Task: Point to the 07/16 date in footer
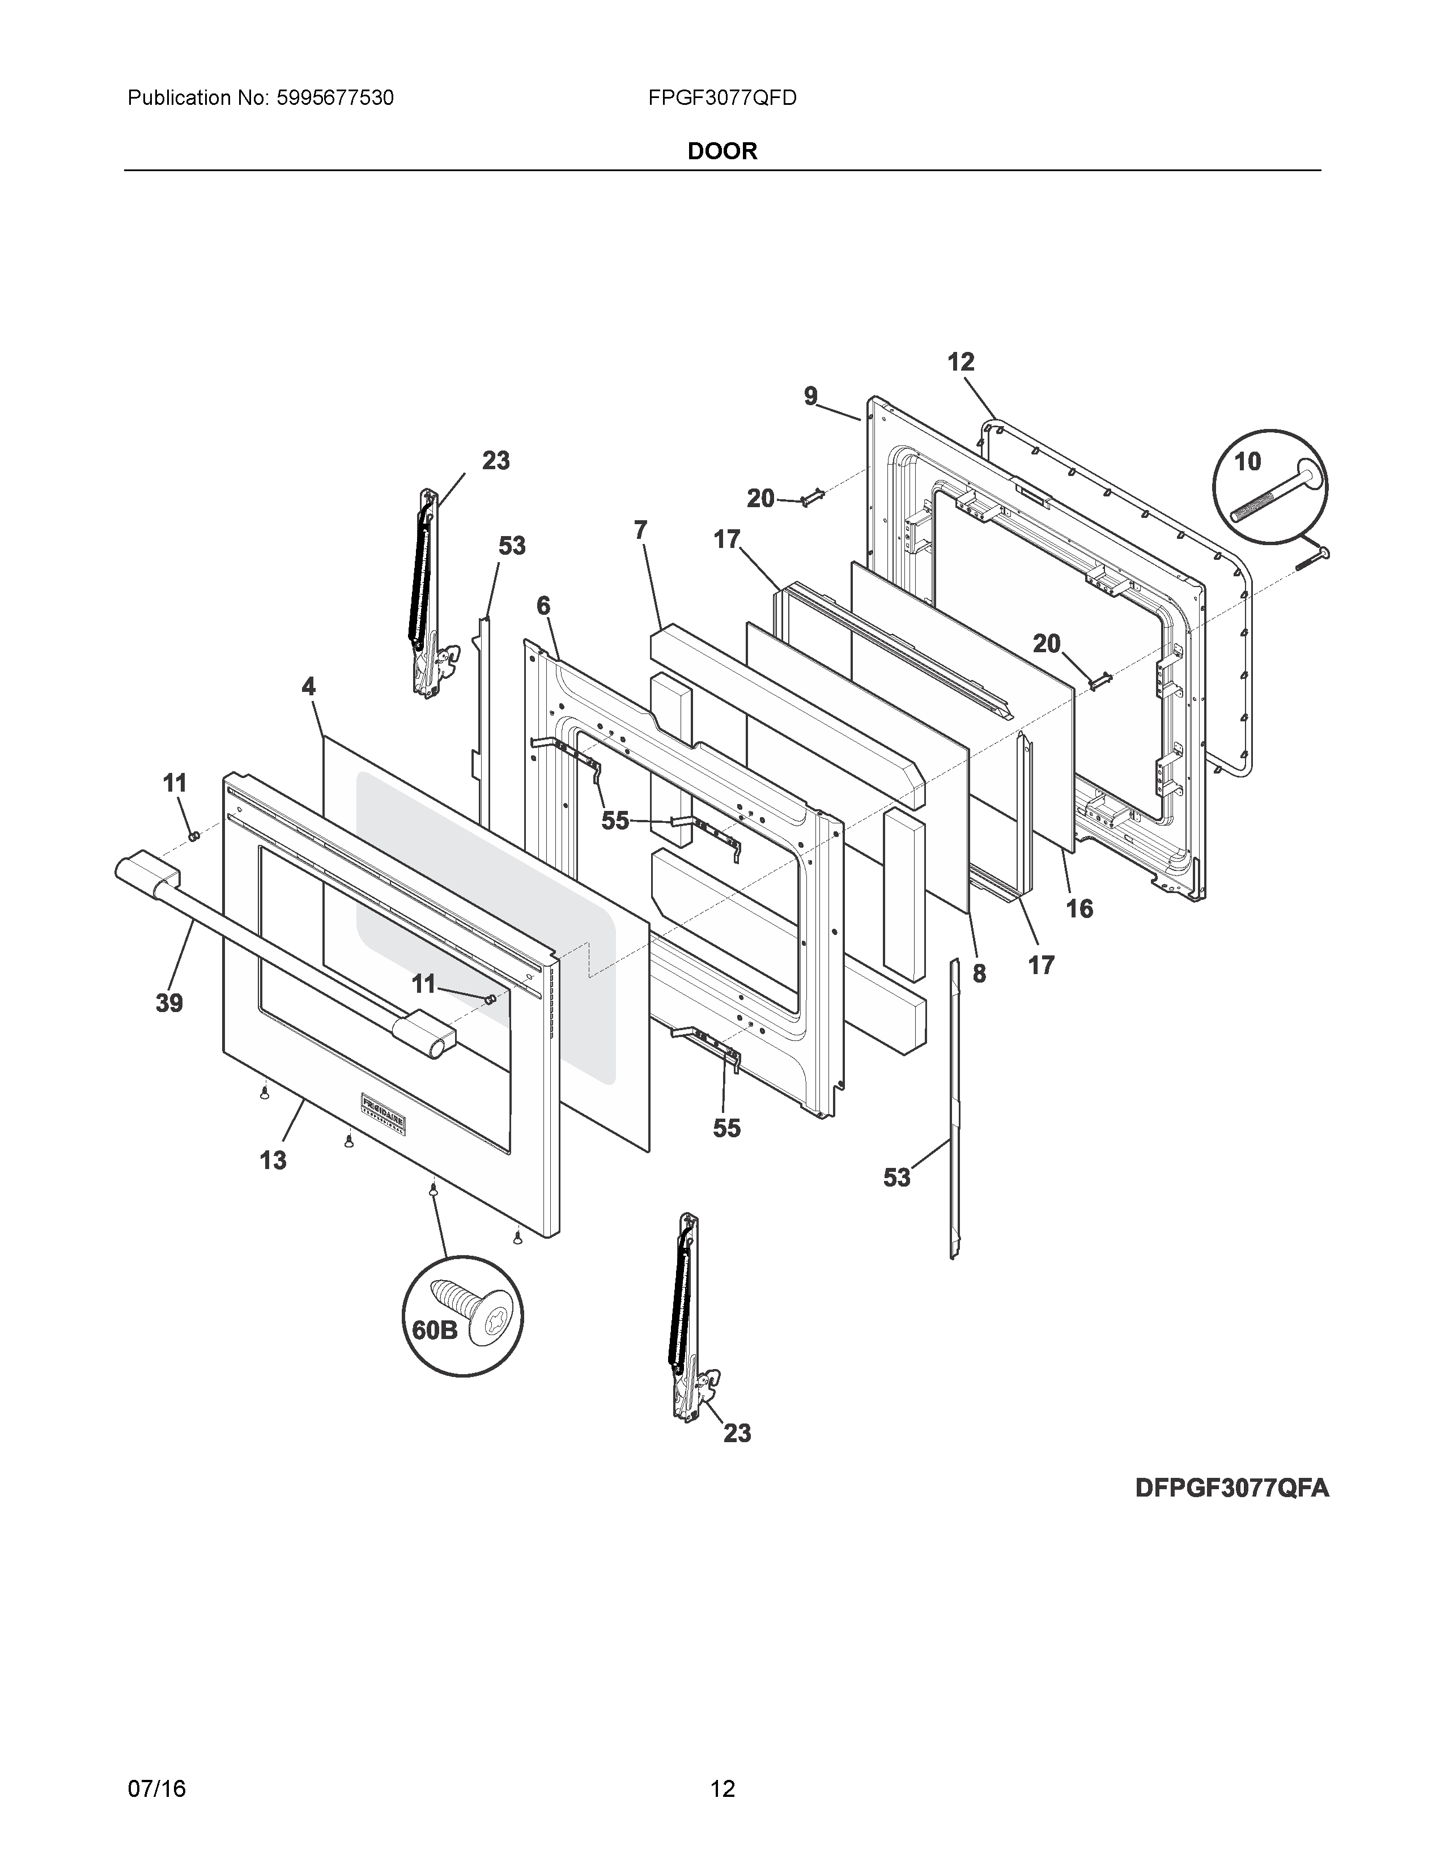point(156,1765)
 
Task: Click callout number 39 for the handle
point(169,1002)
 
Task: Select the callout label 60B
point(435,1330)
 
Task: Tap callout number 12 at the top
point(960,362)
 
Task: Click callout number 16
point(1079,908)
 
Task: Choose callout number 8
point(979,974)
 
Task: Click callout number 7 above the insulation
point(640,531)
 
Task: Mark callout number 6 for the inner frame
point(543,606)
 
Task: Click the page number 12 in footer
point(722,1765)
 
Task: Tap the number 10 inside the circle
point(1247,461)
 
